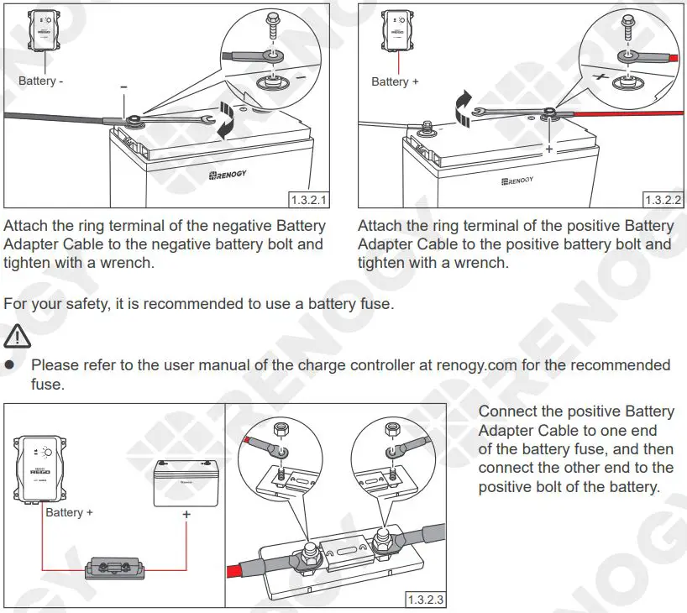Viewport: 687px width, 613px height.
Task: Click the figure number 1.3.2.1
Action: coord(308,200)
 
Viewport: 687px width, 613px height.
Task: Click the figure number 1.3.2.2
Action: coord(663,200)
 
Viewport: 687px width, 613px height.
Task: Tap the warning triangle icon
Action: coord(16,338)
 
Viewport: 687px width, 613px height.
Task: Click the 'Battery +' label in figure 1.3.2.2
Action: coord(395,81)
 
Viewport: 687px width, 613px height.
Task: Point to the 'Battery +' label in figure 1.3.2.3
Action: coord(70,512)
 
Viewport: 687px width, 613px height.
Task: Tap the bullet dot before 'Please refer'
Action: coord(11,366)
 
